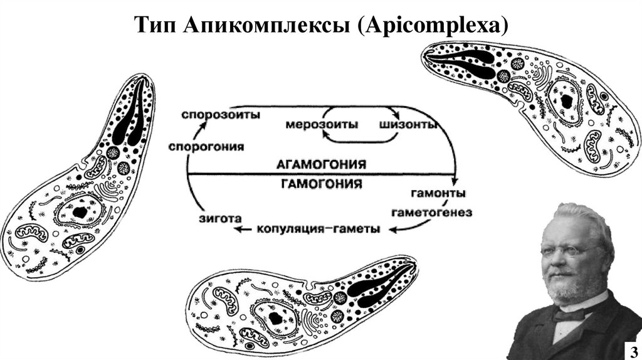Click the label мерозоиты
pyautogui.click(x=322, y=125)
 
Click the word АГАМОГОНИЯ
pyautogui.click(x=321, y=164)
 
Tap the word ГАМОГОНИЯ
pyautogui.click(x=321, y=183)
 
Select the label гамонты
pyautogui.click(x=438, y=192)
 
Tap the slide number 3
pyautogui.click(x=631, y=350)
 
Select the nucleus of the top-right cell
pyautogui.click(x=566, y=100)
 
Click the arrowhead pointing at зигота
pyautogui.click(x=238, y=230)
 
